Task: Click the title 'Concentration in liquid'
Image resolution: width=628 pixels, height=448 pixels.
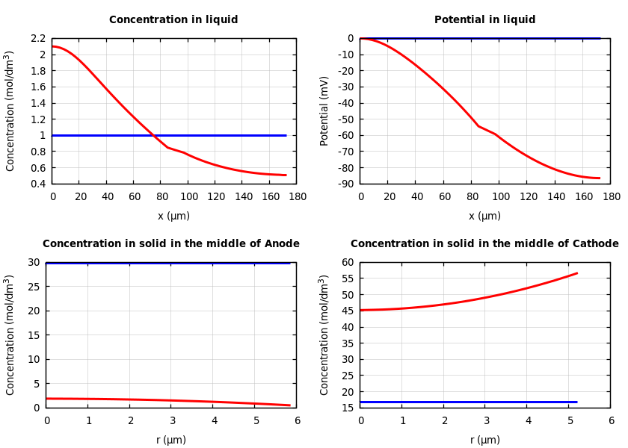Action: point(173,20)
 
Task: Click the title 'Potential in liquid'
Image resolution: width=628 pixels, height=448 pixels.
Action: point(484,20)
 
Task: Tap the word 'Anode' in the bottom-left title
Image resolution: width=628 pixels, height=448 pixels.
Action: point(282,244)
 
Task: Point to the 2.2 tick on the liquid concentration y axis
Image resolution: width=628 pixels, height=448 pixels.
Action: point(38,38)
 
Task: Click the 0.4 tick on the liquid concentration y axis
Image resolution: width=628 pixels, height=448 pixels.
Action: point(38,184)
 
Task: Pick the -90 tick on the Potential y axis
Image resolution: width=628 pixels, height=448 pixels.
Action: point(345,184)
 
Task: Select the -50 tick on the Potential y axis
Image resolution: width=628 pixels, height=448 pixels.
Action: point(345,119)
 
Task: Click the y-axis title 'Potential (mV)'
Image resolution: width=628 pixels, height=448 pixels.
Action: point(324,111)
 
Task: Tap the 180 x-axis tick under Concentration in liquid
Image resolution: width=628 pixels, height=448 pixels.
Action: point(297,196)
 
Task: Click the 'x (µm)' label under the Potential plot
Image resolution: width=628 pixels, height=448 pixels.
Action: point(484,217)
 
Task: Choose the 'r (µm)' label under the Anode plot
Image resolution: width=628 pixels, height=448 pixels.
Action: point(171,441)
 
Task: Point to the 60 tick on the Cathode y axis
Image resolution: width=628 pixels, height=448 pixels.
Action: point(347,262)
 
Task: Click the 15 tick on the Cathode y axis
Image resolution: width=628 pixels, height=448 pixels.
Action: point(347,408)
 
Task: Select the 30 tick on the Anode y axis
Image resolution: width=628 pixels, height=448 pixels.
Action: point(34,262)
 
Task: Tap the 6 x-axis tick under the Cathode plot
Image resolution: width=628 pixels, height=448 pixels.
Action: point(611,420)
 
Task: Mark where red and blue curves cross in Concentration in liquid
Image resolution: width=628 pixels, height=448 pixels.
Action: point(153,135)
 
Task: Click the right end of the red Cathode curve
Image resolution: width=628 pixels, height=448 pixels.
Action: point(577,273)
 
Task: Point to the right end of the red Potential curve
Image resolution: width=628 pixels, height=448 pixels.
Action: point(600,178)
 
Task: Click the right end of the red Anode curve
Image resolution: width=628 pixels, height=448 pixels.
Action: point(290,405)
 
